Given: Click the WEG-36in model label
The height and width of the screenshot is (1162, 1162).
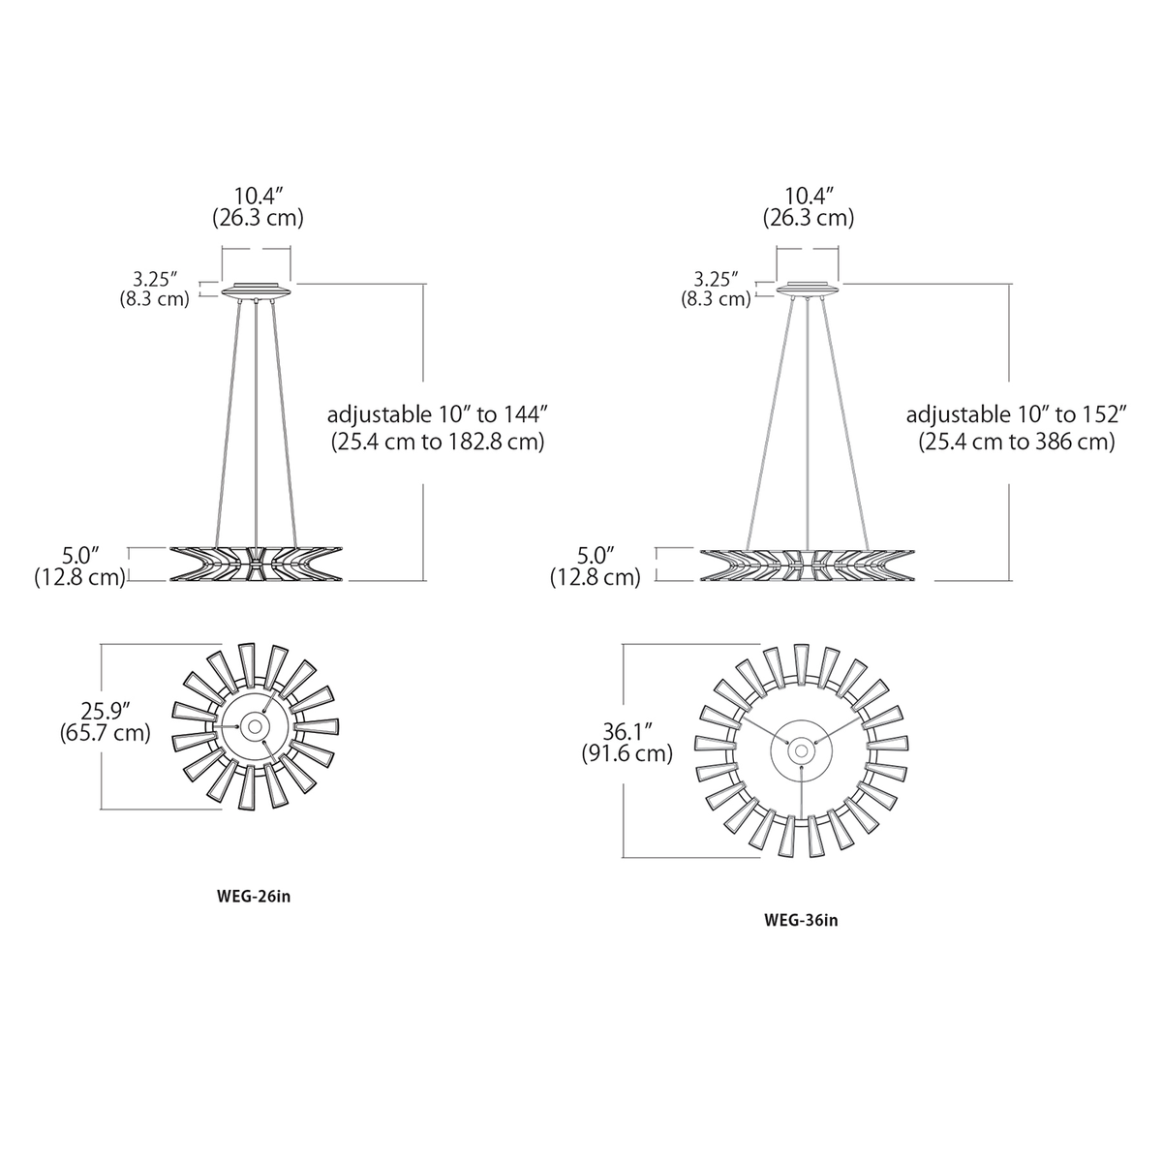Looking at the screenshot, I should click(x=800, y=920).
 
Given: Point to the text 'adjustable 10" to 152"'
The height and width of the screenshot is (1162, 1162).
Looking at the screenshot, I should click(x=1017, y=415).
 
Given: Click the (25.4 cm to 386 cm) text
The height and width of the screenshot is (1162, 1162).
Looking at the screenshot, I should click(x=1017, y=443).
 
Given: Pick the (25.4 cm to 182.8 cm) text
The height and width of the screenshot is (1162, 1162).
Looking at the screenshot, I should click(x=438, y=443).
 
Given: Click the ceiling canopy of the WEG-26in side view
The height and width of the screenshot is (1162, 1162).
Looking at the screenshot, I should click(x=256, y=290).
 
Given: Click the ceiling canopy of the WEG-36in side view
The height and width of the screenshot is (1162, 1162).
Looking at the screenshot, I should click(x=808, y=290).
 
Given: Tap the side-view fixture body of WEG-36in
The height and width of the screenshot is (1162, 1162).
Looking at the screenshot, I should click(x=808, y=563).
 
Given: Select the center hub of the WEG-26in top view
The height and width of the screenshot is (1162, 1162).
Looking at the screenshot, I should click(x=256, y=725).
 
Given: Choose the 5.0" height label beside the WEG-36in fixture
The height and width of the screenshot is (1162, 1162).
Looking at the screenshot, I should click(x=596, y=556).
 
